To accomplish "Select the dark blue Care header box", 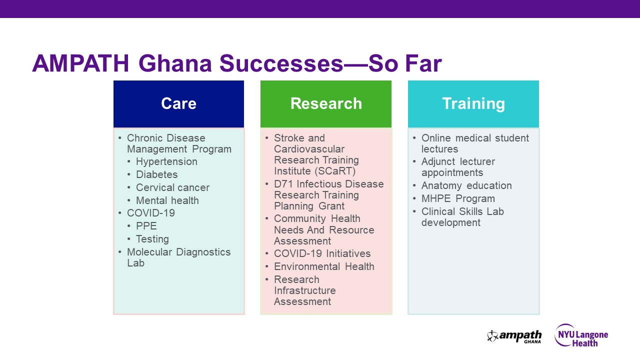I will tap(178, 103).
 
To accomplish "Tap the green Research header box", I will tap(326, 103).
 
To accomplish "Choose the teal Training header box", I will tap(473, 103).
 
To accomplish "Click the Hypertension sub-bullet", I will tap(166, 161).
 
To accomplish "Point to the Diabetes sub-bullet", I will tap(156, 174).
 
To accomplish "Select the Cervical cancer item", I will tap(172, 187).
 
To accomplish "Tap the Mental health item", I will tap(167, 200).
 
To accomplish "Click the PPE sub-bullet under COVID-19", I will tap(146, 226).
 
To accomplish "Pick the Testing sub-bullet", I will tap(152, 239).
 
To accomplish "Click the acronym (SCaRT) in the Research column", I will tap(334, 171).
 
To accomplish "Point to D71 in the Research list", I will tap(283, 184).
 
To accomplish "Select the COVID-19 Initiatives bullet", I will tap(322, 253).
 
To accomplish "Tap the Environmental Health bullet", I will tap(324, 266).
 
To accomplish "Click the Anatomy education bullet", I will tap(466, 185).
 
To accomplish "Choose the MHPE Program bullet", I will tap(458, 198).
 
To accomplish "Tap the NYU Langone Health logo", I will tap(581, 335).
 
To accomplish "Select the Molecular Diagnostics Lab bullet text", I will tap(178, 257).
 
